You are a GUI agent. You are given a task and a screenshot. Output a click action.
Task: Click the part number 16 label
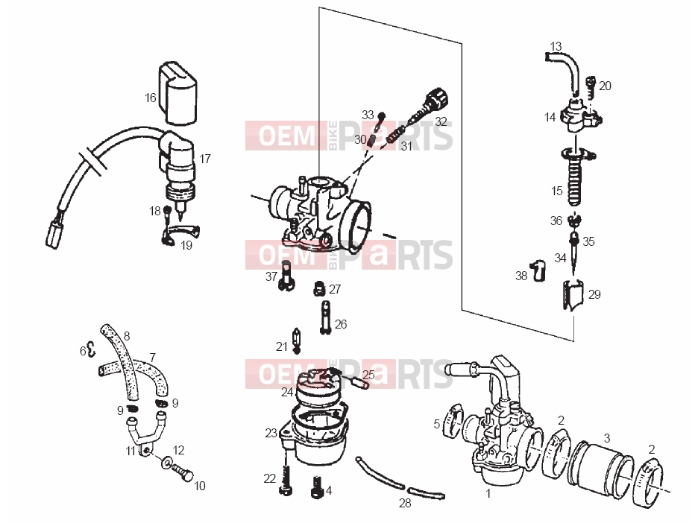pos(151,98)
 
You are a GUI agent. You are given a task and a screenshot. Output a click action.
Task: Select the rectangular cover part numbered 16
pos(177,93)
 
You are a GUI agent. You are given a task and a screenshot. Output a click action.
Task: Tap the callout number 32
pos(440,121)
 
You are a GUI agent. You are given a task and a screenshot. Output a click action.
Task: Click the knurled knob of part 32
pos(437,99)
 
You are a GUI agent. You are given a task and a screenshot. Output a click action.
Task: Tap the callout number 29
pos(594,294)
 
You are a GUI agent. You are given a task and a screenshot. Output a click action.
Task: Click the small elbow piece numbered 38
pos(538,270)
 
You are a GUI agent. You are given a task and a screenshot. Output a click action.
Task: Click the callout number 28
pos(405,504)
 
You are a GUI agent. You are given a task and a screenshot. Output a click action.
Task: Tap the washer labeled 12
pos(166,463)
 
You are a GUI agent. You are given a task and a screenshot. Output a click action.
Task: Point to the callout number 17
pos(205,159)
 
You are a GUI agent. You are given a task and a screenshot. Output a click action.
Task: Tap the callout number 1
pos(488,493)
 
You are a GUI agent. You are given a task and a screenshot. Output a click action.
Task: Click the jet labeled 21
pos(296,340)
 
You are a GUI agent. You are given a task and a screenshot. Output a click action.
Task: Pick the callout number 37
pos(271,276)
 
